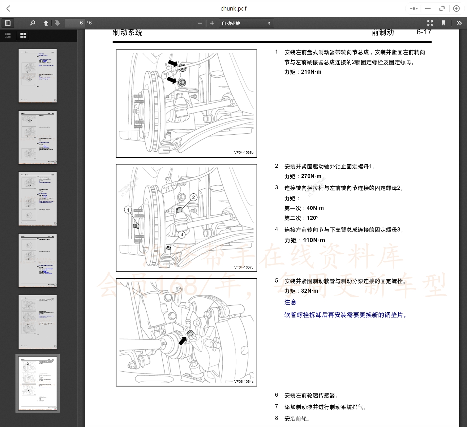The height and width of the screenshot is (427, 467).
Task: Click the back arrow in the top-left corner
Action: click(x=8, y=9)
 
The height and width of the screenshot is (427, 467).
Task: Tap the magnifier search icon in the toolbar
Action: click(x=32, y=23)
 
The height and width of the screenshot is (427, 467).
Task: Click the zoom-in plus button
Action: click(x=212, y=23)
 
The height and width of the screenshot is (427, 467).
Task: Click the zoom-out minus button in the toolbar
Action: click(x=200, y=23)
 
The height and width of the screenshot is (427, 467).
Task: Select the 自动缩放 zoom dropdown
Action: click(x=246, y=23)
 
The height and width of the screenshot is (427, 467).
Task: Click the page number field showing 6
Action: click(x=75, y=23)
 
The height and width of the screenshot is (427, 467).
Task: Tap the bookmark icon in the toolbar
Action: click(x=443, y=23)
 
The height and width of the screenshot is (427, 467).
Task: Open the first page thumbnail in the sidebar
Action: click(x=37, y=76)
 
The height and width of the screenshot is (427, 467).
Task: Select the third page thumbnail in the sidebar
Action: click(x=37, y=199)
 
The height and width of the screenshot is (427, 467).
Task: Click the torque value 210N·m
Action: click(x=311, y=72)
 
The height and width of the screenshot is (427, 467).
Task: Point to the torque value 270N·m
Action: click(x=311, y=176)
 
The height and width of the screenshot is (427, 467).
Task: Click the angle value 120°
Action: click(x=312, y=218)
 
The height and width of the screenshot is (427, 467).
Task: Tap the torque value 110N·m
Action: click(x=314, y=240)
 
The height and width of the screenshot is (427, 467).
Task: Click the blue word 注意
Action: click(x=290, y=302)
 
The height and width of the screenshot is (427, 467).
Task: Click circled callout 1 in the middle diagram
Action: click(x=128, y=210)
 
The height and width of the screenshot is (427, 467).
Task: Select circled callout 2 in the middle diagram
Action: click(x=193, y=197)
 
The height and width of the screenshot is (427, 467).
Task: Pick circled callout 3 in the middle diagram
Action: click(x=182, y=235)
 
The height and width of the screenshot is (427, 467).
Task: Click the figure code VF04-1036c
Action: click(x=244, y=153)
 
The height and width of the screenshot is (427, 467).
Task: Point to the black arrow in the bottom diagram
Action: click(x=182, y=341)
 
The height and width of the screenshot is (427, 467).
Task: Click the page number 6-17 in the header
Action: click(x=424, y=32)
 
